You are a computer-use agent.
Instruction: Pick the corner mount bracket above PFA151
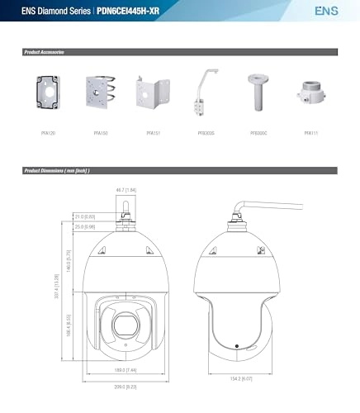154,97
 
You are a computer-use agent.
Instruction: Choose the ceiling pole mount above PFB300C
254,95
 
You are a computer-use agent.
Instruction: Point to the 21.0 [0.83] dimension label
85,216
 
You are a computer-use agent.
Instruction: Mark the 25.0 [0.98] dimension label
85,226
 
